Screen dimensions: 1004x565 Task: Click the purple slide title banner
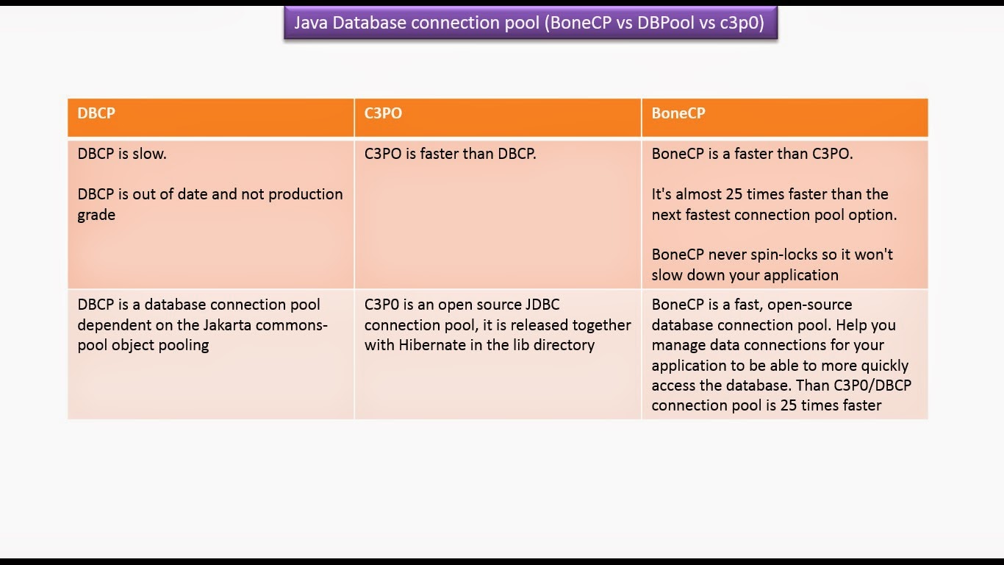(531, 23)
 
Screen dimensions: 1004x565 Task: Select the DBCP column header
(96, 113)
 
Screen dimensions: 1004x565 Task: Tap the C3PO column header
(383, 113)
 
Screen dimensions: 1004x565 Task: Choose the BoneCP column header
(678, 113)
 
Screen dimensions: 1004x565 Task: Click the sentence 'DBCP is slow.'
(122, 154)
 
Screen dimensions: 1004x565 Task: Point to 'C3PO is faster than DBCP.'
(450, 154)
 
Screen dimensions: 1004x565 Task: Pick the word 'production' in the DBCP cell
(306, 195)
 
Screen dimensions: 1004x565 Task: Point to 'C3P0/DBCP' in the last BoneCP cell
(872, 385)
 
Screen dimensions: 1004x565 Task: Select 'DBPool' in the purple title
(666, 23)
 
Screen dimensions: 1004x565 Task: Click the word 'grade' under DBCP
(96, 216)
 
